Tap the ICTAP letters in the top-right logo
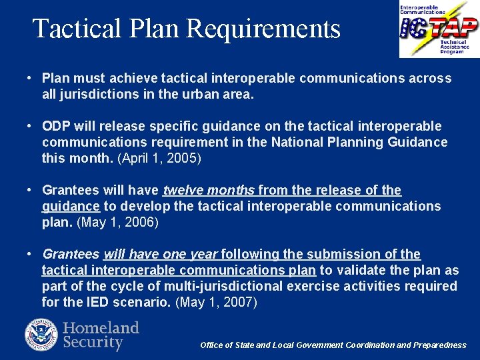pyautogui.click(x=439, y=29)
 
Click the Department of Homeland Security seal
pyautogui.click(x=41, y=335)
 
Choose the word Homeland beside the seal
pyautogui.click(x=101, y=328)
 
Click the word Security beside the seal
pyautogui.click(x=93, y=343)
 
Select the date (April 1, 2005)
pyautogui.click(x=159, y=159)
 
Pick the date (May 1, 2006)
pyautogui.click(x=118, y=223)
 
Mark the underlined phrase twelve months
pyautogui.click(x=209, y=191)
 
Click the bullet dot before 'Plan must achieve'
pyautogui.click(x=31, y=79)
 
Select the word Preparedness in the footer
pyautogui.click(x=440, y=345)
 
